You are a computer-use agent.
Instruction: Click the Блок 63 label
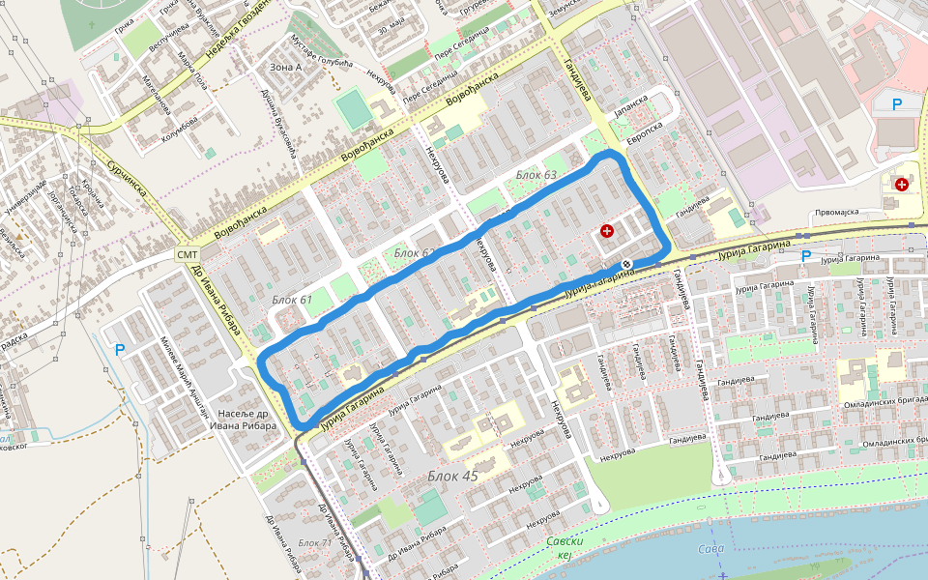(x=536, y=175)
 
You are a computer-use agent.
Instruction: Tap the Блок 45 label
(x=452, y=476)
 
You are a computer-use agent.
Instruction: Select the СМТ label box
(x=187, y=254)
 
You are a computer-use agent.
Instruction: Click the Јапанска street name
(x=630, y=104)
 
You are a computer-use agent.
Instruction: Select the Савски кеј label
(x=565, y=548)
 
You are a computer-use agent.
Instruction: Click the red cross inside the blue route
(x=607, y=231)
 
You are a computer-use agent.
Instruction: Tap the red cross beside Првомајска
(x=902, y=184)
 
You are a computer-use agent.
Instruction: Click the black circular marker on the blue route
(x=627, y=264)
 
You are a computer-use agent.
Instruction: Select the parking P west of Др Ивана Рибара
(x=120, y=350)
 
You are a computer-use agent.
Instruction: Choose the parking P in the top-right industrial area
(x=897, y=104)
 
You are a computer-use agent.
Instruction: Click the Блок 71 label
(x=315, y=542)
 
